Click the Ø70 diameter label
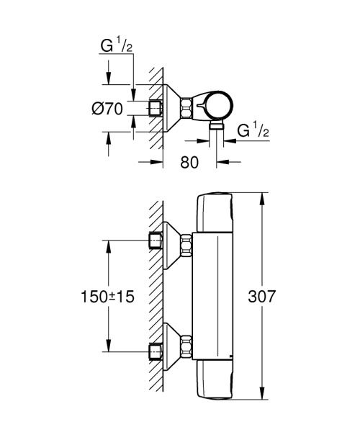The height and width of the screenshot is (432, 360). [x=110, y=110]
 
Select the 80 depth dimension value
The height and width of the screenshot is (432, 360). [x=189, y=162]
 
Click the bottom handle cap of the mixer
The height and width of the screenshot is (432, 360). [x=216, y=377]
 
